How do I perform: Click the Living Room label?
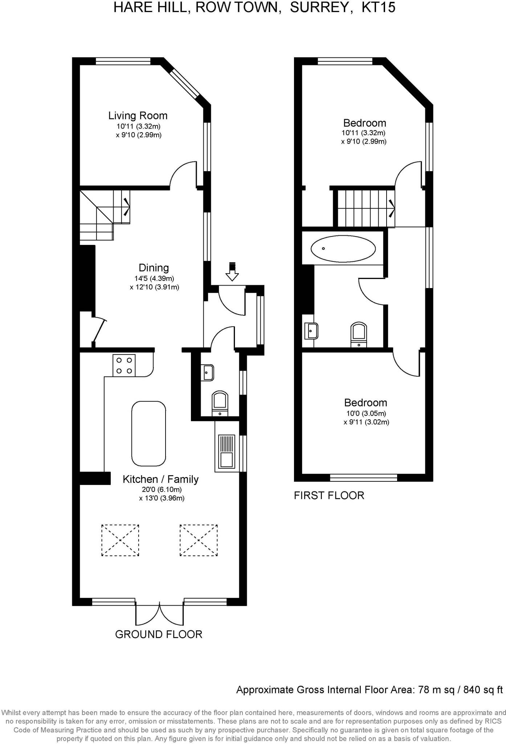point(138,116)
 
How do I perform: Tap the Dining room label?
point(154,268)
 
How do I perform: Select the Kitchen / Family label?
point(160,480)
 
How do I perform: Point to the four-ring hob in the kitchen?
point(124,365)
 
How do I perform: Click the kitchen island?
point(148,433)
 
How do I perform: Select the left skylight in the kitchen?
point(120,540)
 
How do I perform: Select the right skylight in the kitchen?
point(199,540)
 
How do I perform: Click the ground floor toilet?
point(220,404)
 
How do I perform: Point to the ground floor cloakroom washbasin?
point(207,373)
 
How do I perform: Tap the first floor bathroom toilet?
point(359,335)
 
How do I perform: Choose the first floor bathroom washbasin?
point(311,331)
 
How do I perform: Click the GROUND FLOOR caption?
point(159,635)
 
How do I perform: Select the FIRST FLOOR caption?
point(329,496)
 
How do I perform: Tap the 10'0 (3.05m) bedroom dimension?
point(366,413)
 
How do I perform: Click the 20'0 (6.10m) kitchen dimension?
point(162,490)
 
